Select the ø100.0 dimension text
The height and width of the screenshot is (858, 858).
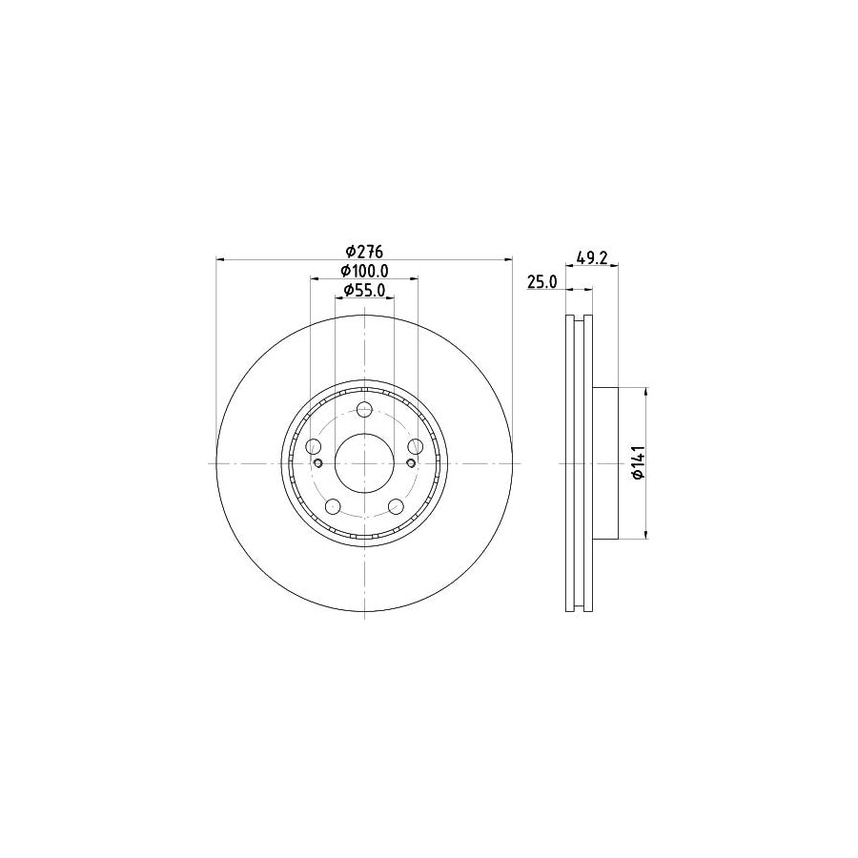pos(364,271)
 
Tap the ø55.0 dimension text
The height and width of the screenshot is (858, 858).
pos(364,290)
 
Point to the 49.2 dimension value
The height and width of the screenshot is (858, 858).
pos(592,257)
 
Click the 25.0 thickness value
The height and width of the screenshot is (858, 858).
pos(542,282)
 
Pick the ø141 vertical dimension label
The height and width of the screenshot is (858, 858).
pos(639,463)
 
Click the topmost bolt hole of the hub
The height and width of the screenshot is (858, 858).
pos(364,409)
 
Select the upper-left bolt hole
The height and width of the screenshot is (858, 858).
pos(314,446)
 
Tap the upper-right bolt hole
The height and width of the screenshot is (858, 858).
pos(416,446)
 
